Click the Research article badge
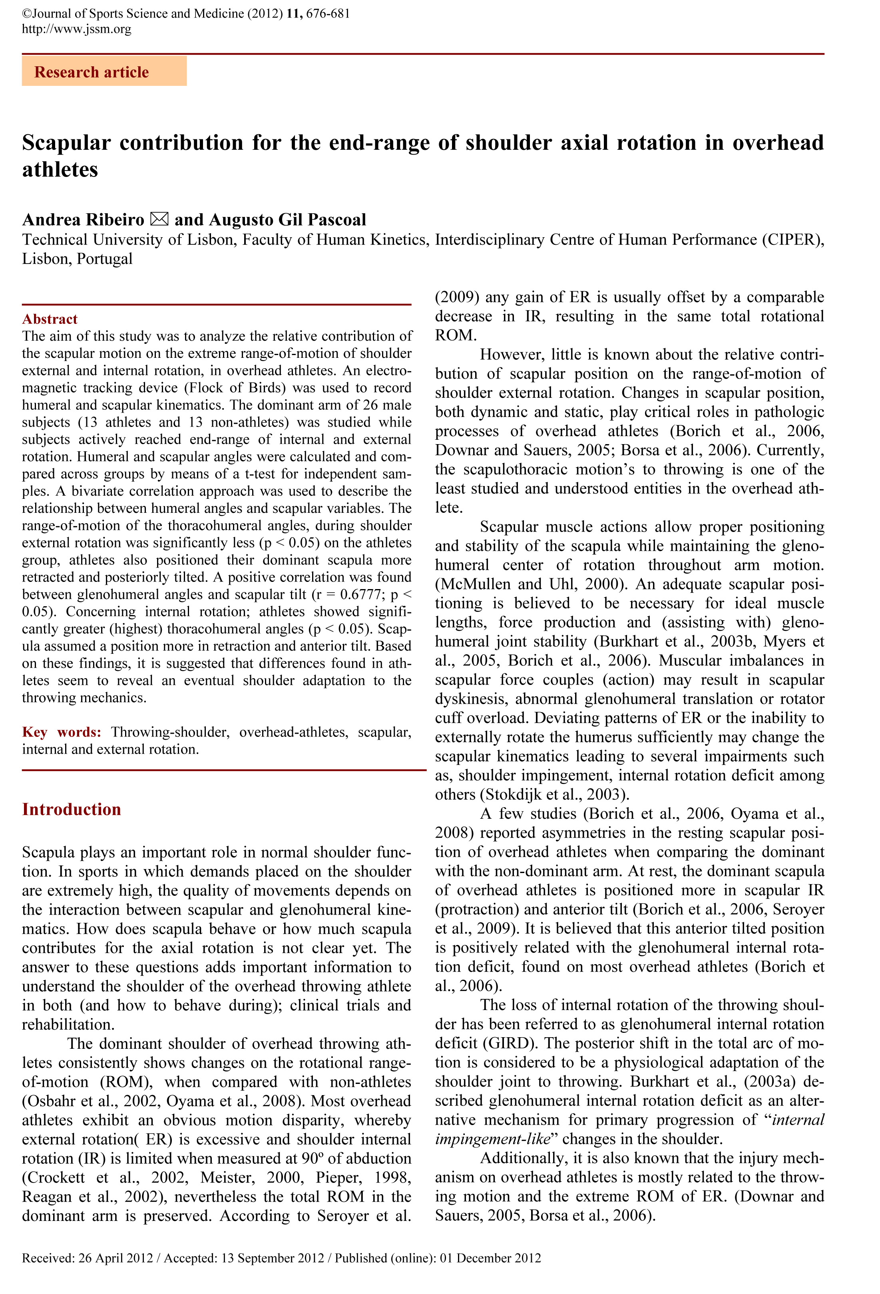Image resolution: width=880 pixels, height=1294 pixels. [104, 72]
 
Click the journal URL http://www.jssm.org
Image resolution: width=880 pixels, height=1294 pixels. [77, 29]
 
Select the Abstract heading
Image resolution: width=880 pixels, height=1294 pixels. [50, 319]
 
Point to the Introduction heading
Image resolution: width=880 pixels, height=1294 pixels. [72, 809]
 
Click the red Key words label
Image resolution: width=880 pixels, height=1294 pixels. [61, 732]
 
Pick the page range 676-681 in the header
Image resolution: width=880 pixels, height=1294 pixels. [328, 13]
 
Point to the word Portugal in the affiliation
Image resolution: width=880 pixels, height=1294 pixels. [105, 259]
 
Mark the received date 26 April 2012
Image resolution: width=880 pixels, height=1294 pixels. [115, 1258]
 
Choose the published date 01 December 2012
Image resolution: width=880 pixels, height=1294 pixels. [490, 1258]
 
